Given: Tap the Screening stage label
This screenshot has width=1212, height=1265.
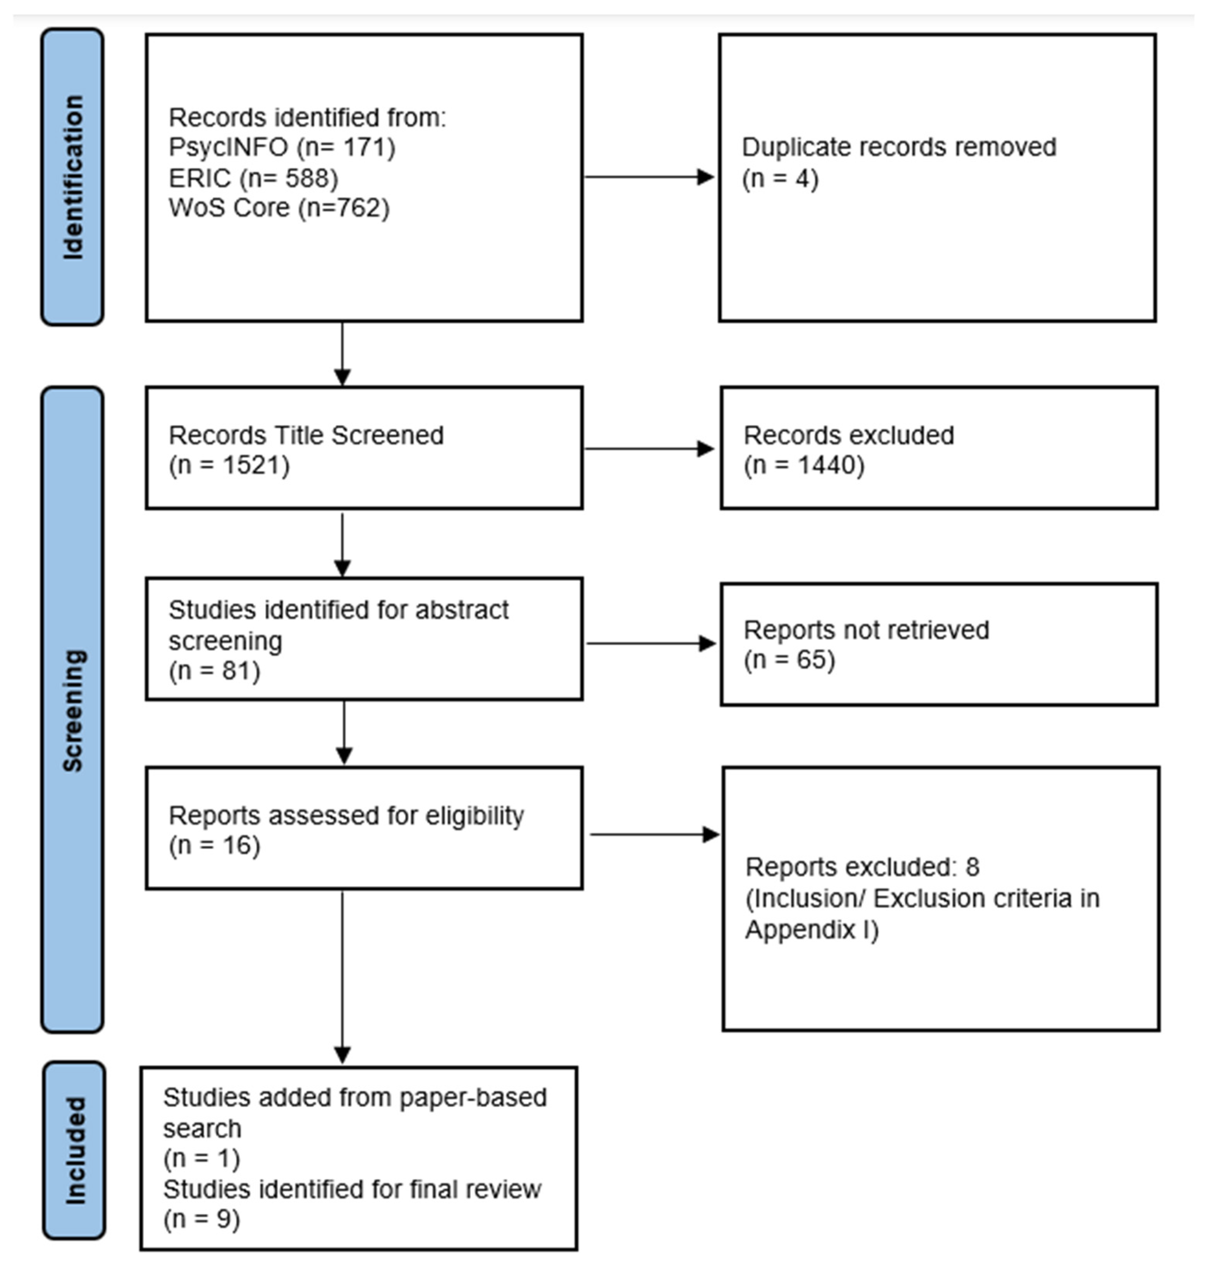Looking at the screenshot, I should [x=72, y=710].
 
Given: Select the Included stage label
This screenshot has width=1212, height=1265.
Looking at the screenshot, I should [x=75, y=1150].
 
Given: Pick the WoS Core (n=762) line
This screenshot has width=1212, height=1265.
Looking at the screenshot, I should [x=279, y=208].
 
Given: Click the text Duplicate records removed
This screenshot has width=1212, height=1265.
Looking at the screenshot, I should [x=899, y=147].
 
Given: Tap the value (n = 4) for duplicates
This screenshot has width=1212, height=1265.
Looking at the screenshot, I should [x=780, y=178].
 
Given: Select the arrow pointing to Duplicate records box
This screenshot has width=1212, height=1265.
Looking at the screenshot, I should [x=648, y=177].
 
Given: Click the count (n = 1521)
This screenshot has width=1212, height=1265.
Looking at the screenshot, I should [x=229, y=465].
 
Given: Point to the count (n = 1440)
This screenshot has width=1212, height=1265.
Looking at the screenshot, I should [x=804, y=465].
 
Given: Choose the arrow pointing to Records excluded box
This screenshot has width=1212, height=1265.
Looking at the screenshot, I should [x=648, y=448].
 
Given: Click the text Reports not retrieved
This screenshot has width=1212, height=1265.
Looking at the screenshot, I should [x=866, y=630].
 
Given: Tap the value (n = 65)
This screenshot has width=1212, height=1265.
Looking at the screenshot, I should [x=789, y=660].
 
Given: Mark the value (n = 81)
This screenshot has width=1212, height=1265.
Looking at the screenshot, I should [x=214, y=671].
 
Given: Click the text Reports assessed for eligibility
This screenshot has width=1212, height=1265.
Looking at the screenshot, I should [x=346, y=816].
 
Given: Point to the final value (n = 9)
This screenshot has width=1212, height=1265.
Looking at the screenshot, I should [x=201, y=1219].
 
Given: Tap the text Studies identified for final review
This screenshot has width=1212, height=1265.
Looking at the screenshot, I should [x=352, y=1189].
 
